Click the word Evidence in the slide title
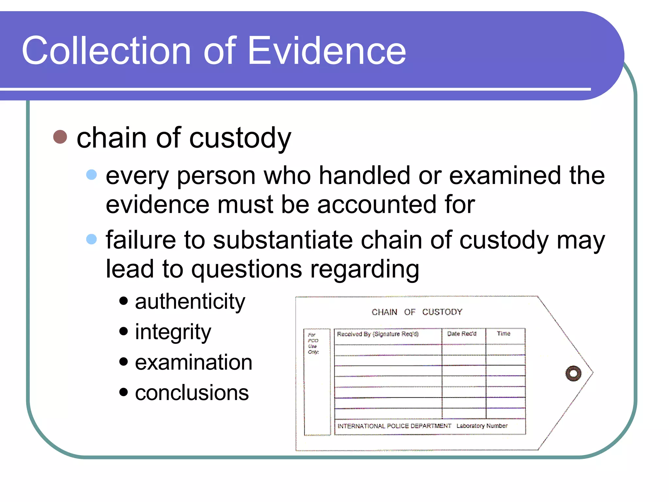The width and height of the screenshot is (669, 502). pyautogui.click(x=327, y=51)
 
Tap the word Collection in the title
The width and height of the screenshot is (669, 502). pyautogui.click(x=106, y=51)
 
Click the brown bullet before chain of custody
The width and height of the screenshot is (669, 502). pyautogui.click(x=60, y=137)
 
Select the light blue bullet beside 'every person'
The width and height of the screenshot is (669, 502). pyautogui.click(x=91, y=175)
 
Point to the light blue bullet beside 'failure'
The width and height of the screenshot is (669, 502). pyautogui.click(x=91, y=239)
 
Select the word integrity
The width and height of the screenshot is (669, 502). pyautogui.click(x=173, y=332)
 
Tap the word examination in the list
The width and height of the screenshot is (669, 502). pyautogui.click(x=193, y=362)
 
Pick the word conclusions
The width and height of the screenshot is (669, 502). pyautogui.click(x=192, y=393)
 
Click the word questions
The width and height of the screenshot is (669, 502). pyautogui.click(x=247, y=270)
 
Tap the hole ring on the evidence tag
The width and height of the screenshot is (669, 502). pyautogui.click(x=573, y=373)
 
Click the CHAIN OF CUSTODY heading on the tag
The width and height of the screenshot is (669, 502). pyautogui.click(x=417, y=312)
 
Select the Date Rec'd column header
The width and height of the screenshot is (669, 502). pyautogui.click(x=462, y=334)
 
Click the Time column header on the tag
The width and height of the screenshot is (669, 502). pyautogui.click(x=503, y=333)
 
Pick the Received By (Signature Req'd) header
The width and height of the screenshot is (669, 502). pyautogui.click(x=378, y=334)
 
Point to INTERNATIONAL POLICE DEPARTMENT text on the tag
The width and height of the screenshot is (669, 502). pyautogui.click(x=394, y=426)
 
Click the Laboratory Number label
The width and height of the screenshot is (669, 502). pyautogui.click(x=482, y=426)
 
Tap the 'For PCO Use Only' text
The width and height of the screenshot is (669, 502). pyautogui.click(x=313, y=343)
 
